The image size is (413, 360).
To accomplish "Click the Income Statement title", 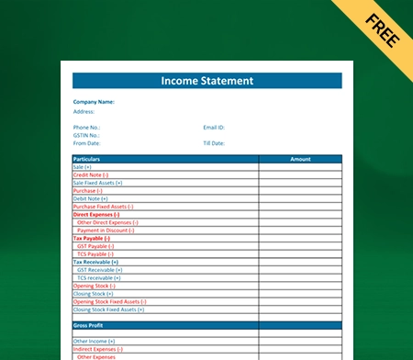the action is (x=206, y=81).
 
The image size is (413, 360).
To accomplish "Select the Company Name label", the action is (x=94, y=102).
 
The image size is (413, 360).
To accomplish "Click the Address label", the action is (x=84, y=111).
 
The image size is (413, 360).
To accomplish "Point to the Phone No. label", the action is (x=86, y=127).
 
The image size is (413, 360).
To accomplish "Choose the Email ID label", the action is (x=214, y=127).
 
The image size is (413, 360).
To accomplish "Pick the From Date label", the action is (x=86, y=143).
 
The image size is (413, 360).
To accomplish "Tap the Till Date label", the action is (x=215, y=143).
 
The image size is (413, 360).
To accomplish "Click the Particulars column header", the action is (x=88, y=159).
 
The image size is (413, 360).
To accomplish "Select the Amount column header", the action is (x=300, y=159).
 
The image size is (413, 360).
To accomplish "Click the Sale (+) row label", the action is (x=83, y=166).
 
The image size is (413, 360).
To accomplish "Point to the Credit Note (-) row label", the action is (x=90, y=174).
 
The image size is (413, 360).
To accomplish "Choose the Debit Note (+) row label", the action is (x=90, y=198).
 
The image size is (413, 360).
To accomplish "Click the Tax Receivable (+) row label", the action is (x=95, y=262).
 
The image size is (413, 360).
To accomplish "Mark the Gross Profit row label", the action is (x=88, y=325).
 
